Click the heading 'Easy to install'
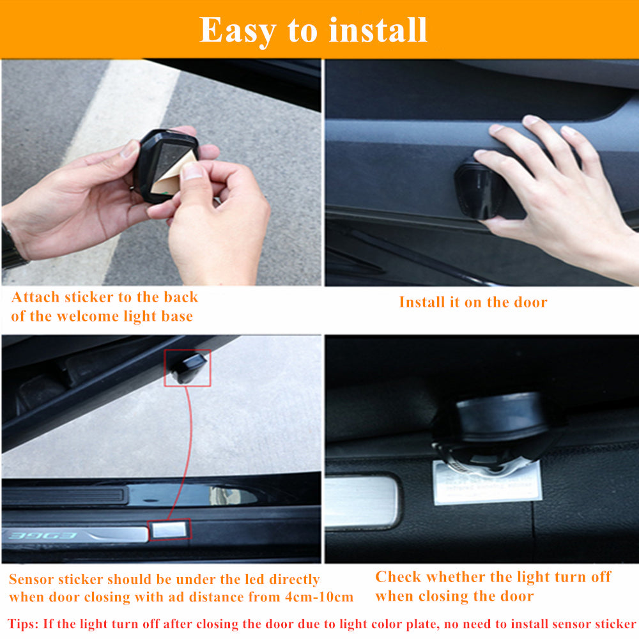coord(313,30)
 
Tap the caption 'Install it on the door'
coord(473,302)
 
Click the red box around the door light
coord(187,368)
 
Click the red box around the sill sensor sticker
coord(169,528)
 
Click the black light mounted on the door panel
coord(481,189)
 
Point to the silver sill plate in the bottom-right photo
coord(361,502)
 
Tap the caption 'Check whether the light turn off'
coord(493,577)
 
